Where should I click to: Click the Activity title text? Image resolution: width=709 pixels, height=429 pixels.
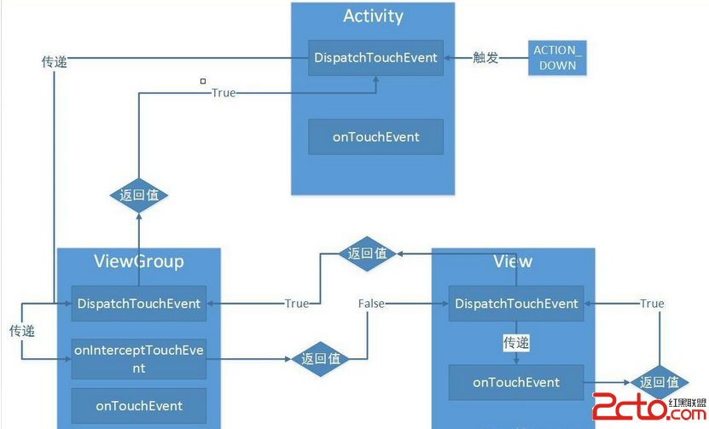coord(373,16)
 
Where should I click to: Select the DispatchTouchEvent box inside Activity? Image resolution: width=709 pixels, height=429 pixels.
coord(375,58)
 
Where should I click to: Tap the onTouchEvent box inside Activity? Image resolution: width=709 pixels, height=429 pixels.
coord(375,136)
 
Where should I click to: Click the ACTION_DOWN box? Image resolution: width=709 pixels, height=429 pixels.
coord(555,58)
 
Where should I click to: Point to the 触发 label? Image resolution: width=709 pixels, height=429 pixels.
coord(485,58)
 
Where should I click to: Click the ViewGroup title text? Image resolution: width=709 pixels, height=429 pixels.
coord(139,261)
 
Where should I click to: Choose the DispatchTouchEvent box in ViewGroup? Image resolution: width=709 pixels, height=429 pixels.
coord(139,303)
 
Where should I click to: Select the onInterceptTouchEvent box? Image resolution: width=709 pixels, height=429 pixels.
coord(139,359)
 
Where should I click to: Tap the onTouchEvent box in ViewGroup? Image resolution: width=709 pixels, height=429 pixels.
coord(139,405)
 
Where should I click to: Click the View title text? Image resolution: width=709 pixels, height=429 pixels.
coord(513,261)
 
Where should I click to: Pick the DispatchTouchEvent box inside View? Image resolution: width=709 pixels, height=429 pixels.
coord(516,303)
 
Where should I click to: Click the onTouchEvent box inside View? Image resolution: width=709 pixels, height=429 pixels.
coord(516,382)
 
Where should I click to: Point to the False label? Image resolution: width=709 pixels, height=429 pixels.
coord(371,304)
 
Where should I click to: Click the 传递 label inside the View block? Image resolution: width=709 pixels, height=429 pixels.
coord(516,343)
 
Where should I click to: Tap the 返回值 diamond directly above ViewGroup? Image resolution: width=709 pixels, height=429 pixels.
coord(139,195)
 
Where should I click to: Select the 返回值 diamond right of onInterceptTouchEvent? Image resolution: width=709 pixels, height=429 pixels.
coord(320,359)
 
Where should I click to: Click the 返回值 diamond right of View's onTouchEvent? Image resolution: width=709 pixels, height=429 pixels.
coord(659,382)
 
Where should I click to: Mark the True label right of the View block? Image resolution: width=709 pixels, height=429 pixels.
coord(652,304)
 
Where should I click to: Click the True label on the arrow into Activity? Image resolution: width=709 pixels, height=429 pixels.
coord(223,92)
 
